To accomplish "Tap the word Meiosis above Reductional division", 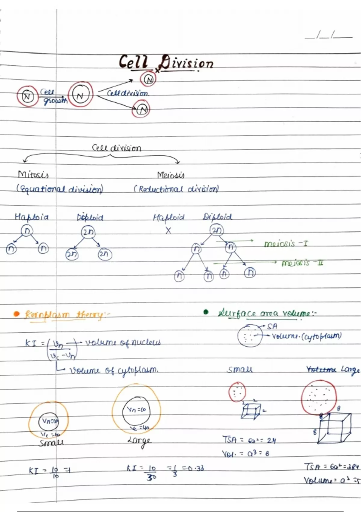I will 171,175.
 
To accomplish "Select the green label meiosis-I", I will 286,243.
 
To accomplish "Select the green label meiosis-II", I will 302,263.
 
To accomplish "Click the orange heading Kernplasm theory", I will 65,315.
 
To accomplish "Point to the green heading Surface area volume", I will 267,313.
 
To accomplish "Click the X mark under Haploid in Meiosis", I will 168,231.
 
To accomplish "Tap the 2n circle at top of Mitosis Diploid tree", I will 88,232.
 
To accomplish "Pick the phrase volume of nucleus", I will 123,343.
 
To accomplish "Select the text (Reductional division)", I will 176,189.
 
